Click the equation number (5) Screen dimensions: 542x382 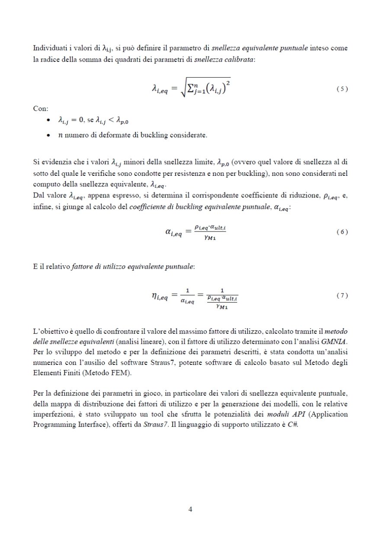(x=342, y=89)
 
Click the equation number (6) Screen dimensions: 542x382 (x=342, y=232)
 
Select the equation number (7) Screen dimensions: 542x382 (x=342, y=296)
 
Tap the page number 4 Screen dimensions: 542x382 (x=190, y=509)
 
